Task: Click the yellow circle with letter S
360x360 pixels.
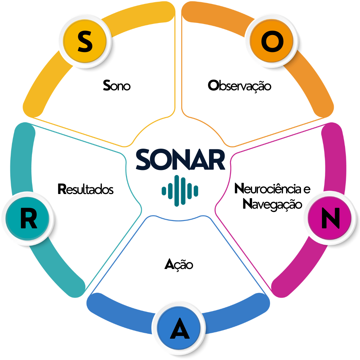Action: click(x=85, y=42)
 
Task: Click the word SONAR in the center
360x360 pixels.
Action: click(x=180, y=160)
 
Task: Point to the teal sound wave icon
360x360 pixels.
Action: click(x=180, y=191)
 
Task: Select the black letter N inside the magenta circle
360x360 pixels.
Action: click(x=330, y=218)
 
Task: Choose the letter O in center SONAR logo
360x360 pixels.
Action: click(x=162, y=160)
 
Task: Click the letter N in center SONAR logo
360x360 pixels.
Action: click(x=182, y=160)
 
